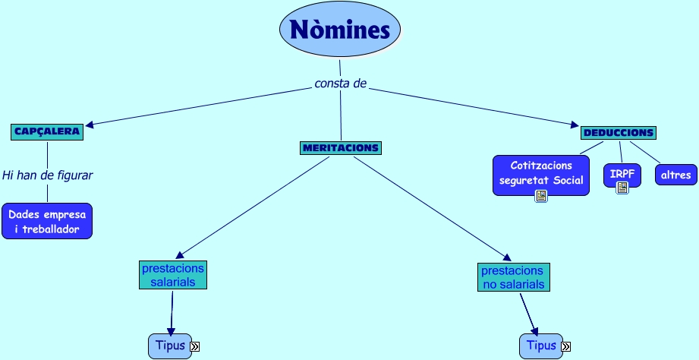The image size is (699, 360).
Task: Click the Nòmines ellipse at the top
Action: [x=340, y=30]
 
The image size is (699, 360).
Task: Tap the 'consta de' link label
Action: [x=340, y=83]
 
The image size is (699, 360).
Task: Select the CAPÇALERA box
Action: [x=47, y=131]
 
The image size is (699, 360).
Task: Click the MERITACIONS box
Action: [x=340, y=147]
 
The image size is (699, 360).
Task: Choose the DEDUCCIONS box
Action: [x=618, y=132]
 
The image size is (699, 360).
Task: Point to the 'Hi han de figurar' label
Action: [x=47, y=175]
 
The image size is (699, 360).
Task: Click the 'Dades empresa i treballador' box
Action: [x=47, y=221]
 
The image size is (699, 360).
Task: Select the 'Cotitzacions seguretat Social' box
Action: [x=540, y=172]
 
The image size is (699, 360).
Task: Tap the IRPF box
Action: [x=622, y=174]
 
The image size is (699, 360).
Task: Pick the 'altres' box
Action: [x=675, y=175]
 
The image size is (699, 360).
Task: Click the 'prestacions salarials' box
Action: [x=172, y=275]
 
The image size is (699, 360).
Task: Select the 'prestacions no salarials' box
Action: [x=513, y=277]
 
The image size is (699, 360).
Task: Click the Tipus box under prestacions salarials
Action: [x=170, y=345]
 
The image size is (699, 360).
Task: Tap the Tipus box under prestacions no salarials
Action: [x=541, y=346]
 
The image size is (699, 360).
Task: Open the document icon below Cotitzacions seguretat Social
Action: [x=541, y=196]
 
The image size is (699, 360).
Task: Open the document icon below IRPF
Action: [x=622, y=188]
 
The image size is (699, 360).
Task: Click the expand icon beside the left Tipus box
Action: [x=194, y=346]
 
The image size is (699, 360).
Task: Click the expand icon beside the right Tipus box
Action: [x=566, y=347]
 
